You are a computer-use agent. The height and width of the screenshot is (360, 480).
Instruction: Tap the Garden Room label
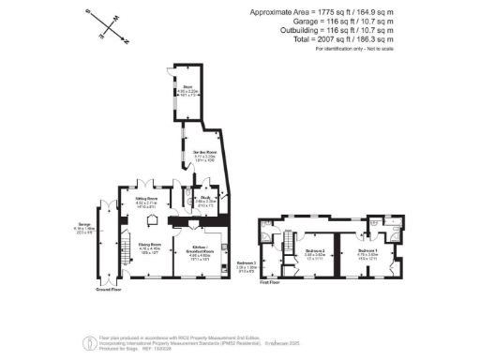[x=205, y=152]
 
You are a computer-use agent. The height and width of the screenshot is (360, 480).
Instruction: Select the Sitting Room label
[x=146, y=201]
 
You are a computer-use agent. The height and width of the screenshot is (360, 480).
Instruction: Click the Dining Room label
[x=151, y=247]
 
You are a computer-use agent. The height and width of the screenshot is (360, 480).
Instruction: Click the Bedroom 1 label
[x=368, y=252]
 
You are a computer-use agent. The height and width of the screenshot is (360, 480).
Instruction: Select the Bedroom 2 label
[x=315, y=251]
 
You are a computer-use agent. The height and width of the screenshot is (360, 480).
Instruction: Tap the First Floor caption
[x=271, y=281]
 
